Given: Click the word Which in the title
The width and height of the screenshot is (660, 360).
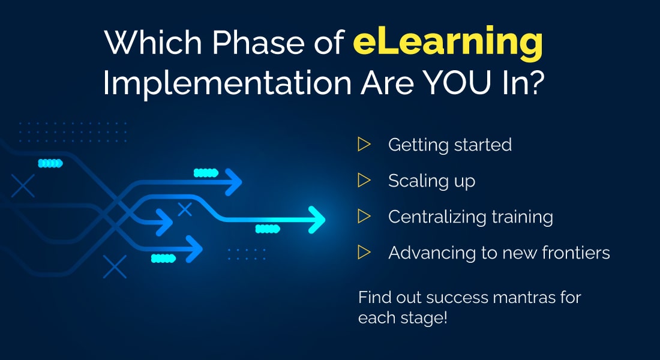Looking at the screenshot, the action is coord(153,42).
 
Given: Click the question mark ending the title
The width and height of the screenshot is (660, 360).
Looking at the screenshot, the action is coord(536,82).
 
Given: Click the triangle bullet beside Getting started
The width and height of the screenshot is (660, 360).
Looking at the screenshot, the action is coord(364,145).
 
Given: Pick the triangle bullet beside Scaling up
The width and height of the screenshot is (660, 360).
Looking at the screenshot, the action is coord(364,180).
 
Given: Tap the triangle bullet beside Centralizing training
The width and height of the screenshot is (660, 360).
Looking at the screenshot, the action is coord(364,217).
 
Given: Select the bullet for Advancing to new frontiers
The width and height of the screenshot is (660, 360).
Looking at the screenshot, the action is coord(364,253).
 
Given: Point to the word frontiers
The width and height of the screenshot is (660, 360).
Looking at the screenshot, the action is coord(576,253).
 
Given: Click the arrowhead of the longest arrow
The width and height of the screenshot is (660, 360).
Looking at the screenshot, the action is coord(317,220).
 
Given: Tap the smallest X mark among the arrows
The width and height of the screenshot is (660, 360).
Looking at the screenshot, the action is coord(185,209).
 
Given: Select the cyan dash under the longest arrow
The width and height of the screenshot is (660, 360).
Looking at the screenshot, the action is coord(268,229).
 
